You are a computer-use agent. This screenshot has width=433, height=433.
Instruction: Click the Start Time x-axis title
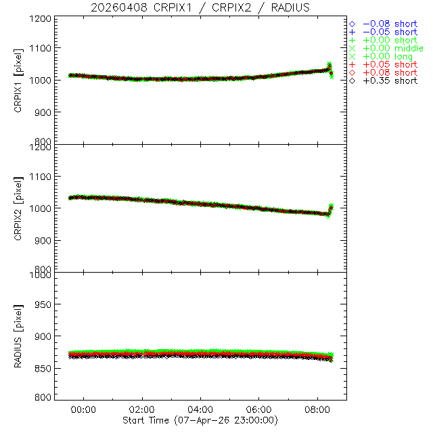click(201, 420)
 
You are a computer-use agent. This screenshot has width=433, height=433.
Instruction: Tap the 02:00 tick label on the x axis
click(142, 409)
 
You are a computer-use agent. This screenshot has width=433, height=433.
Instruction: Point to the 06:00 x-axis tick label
click(259, 409)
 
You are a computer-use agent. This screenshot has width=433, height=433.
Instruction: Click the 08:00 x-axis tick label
click(318, 409)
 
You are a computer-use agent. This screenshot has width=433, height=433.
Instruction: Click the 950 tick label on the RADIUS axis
click(43, 305)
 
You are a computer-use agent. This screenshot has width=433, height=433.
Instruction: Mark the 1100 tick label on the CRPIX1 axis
click(41, 48)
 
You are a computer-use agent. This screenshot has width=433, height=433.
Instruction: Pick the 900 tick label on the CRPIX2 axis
click(43, 240)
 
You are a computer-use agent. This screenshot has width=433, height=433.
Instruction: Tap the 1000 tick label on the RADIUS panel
click(41, 275)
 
